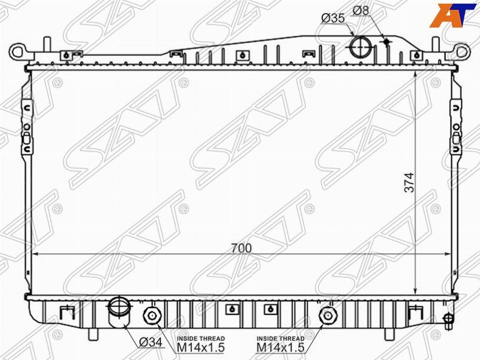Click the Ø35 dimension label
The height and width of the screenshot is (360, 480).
tap(333, 19)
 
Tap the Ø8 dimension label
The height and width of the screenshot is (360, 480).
tap(361, 11)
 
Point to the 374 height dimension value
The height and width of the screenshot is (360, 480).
tap(409, 182)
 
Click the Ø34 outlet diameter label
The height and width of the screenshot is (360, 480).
tap(151, 342)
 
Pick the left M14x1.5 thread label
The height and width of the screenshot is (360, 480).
tap(201, 347)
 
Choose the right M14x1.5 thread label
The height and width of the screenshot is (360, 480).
tap(280, 347)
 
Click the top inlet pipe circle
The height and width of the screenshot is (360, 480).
tap(361, 47)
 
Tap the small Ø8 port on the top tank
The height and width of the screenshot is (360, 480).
tap(387, 41)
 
